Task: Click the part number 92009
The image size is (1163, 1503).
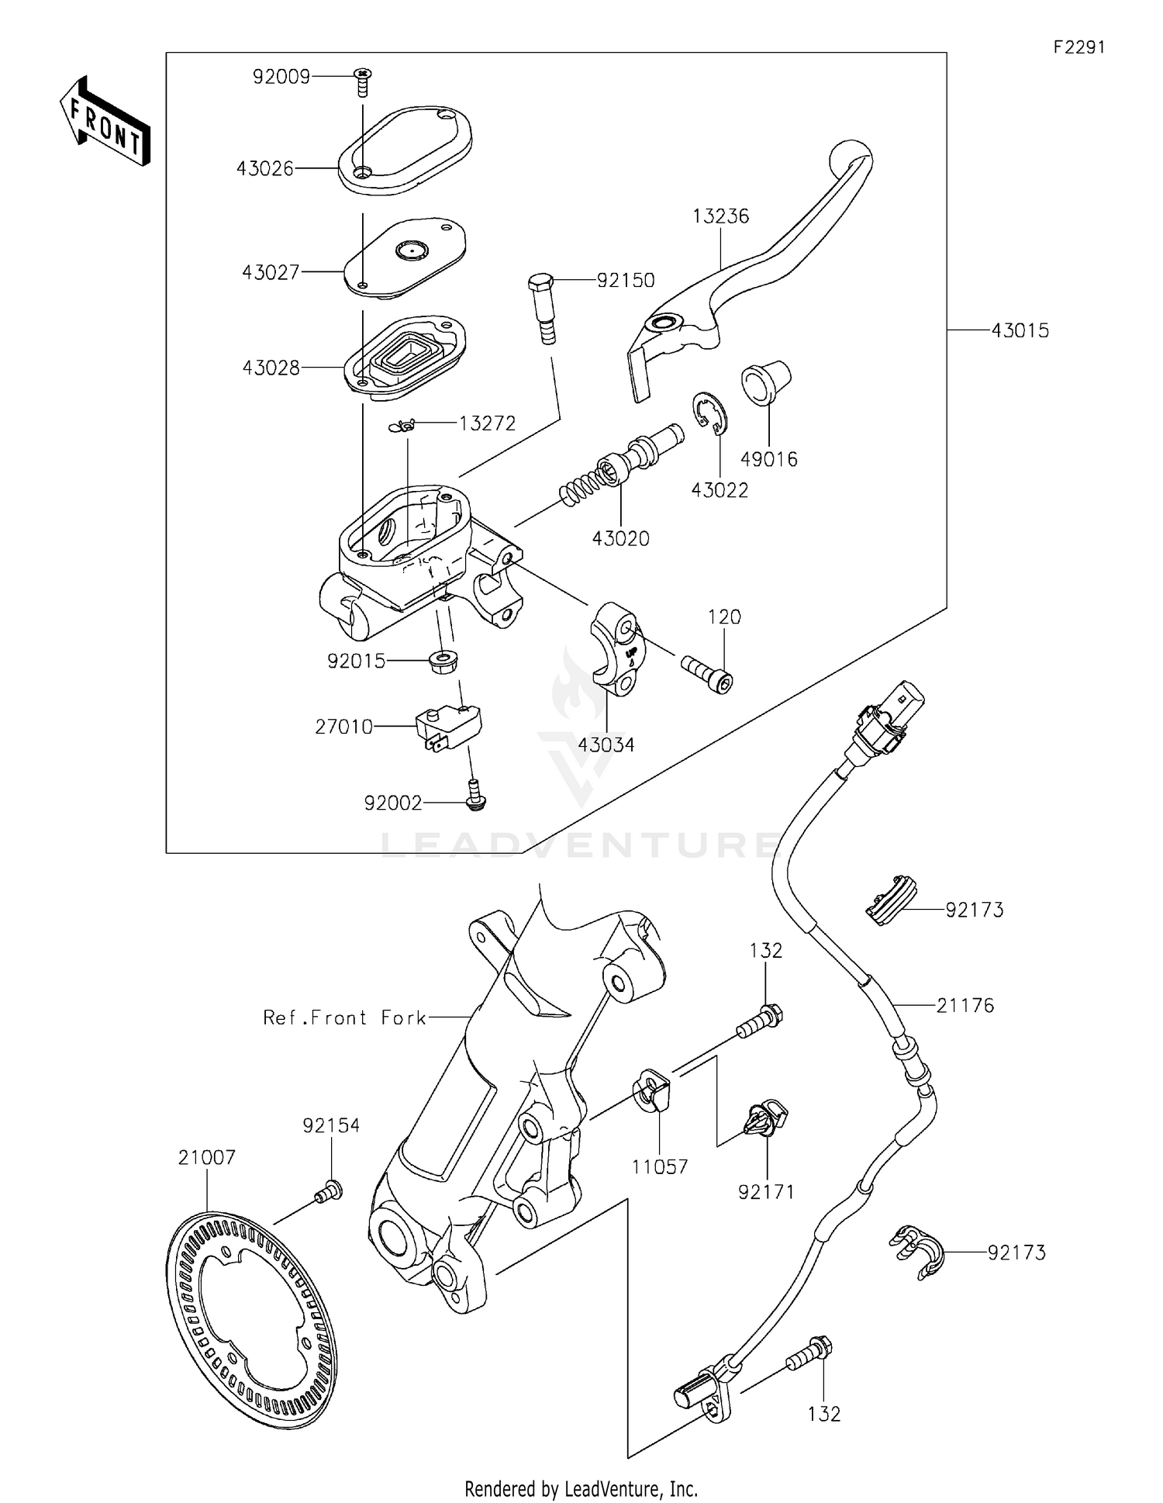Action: (x=281, y=77)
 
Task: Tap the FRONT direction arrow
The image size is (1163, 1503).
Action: (x=105, y=121)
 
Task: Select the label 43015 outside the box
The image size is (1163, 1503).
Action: (x=1020, y=331)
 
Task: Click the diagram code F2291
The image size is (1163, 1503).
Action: (x=1078, y=47)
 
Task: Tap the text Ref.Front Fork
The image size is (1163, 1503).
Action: (x=344, y=1018)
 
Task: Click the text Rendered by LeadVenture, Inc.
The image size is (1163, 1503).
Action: (x=581, y=1488)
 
